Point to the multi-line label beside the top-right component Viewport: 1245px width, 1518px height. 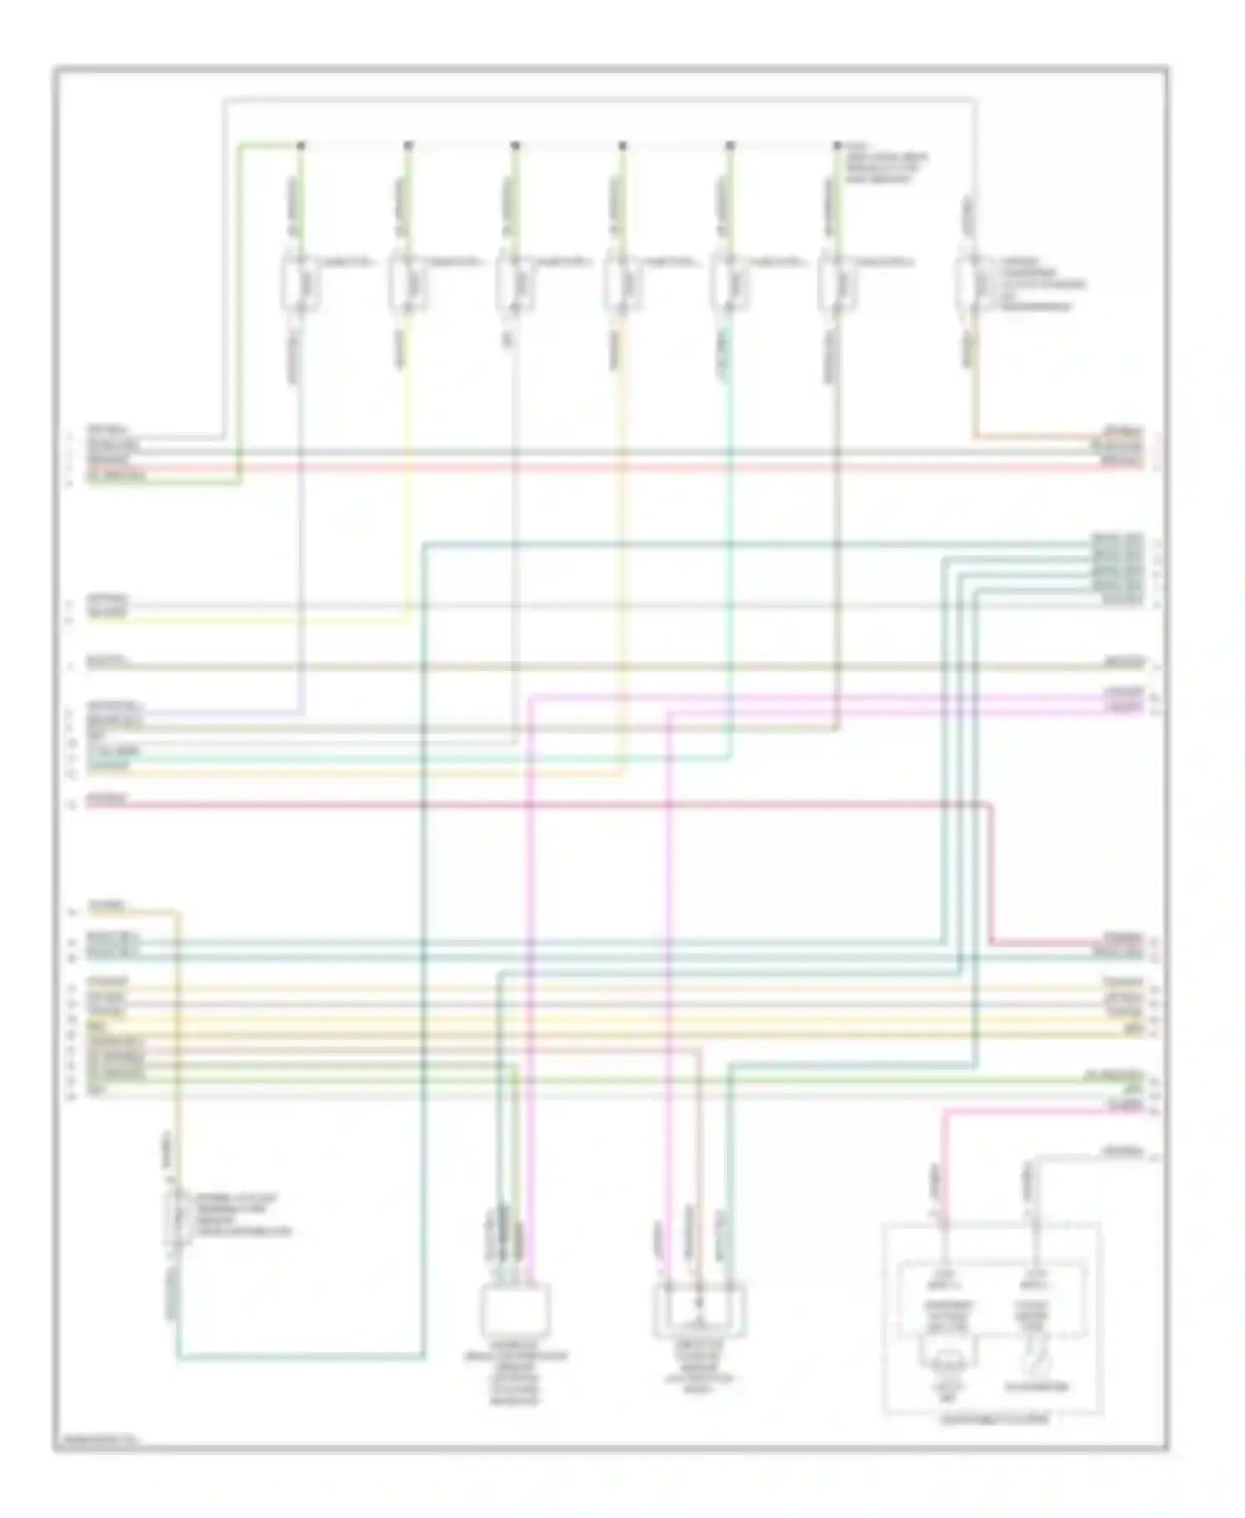(1041, 285)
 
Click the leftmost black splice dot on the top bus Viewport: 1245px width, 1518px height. (300, 145)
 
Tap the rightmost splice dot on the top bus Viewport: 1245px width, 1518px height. (837, 145)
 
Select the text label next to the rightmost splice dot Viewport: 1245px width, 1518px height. (884, 165)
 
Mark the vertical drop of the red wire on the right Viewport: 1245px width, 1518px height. (990, 872)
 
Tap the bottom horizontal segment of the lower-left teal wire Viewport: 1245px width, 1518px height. (299, 1359)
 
